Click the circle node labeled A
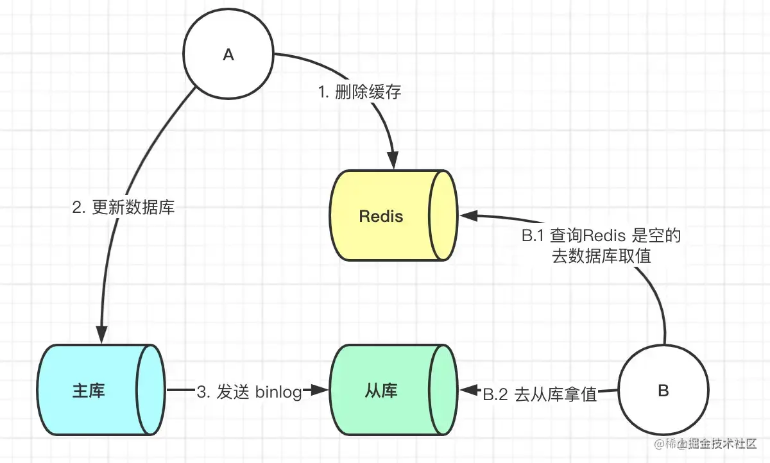pyautogui.click(x=228, y=55)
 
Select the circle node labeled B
pyautogui.click(x=664, y=391)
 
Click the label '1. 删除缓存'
pyautogui.click(x=359, y=92)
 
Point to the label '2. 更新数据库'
pyautogui.click(x=123, y=208)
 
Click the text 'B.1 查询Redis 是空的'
pyautogui.click(x=601, y=236)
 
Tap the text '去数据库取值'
pyautogui.click(x=601, y=257)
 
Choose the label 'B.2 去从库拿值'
pyautogui.click(x=540, y=394)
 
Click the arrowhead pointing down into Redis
pyautogui.click(x=393, y=162)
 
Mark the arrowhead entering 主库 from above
pyautogui.click(x=101, y=336)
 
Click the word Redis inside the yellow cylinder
pyautogui.click(x=381, y=215)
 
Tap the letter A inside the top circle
pyautogui.click(x=228, y=55)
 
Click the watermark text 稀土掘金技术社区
pyautogui.click(x=710, y=444)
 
